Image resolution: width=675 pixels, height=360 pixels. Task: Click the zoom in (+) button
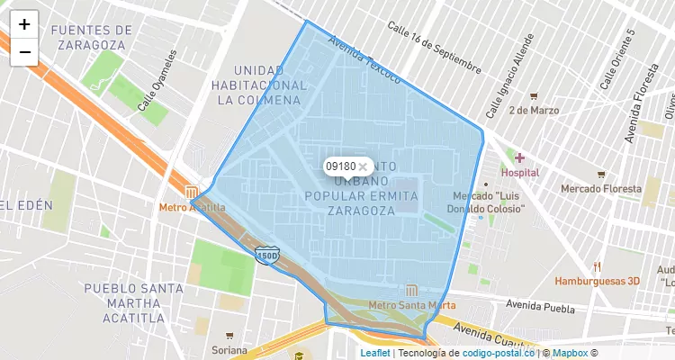click(24, 24)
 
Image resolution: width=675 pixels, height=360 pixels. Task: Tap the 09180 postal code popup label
click(340, 166)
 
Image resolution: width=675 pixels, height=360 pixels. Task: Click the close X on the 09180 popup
click(363, 166)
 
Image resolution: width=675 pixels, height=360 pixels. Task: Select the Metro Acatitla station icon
click(192, 192)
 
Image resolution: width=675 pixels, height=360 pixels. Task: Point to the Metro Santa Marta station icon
click(412, 290)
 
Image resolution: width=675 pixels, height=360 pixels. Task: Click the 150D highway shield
click(266, 256)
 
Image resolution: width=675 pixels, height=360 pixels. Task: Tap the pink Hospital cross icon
click(519, 157)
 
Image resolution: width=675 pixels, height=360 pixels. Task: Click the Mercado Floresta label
click(598, 189)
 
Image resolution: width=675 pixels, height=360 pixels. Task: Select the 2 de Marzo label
click(533, 111)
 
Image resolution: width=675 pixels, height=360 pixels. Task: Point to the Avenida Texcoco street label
click(364, 59)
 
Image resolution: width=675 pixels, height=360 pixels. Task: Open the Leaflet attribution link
click(375, 353)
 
